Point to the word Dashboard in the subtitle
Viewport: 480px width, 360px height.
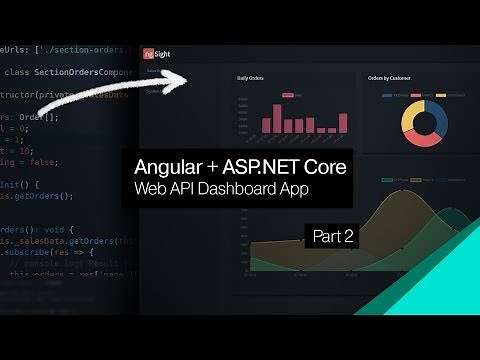(250, 189)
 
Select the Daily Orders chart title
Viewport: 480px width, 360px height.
(251, 77)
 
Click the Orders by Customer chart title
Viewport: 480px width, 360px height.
(390, 77)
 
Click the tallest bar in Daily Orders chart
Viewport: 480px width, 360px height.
(297, 113)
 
